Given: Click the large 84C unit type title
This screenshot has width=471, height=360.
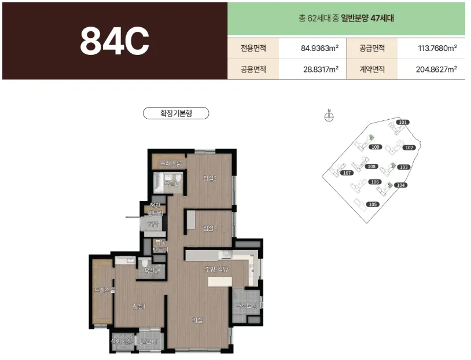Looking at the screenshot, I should [x=115, y=40].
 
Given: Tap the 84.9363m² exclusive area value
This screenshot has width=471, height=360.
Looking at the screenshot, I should [x=319, y=48].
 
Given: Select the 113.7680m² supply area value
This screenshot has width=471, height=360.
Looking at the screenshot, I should [x=437, y=48].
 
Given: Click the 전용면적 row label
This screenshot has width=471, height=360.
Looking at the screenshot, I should [x=253, y=48].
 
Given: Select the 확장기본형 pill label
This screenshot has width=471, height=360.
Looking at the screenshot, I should [x=176, y=113].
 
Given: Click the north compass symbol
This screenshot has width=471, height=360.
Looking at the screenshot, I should [x=329, y=117].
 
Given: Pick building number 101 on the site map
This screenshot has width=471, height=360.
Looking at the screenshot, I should [x=403, y=122].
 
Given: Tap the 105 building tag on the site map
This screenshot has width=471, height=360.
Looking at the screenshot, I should [x=373, y=204].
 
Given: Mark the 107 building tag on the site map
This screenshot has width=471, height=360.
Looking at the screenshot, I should [x=348, y=173].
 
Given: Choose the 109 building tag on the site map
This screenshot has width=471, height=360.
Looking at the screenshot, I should [x=376, y=148].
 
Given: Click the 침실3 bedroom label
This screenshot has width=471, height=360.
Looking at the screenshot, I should [x=209, y=178].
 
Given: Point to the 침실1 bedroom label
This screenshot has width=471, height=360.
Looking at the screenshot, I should [x=139, y=306].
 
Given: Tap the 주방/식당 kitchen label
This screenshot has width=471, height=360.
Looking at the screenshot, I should [x=217, y=269].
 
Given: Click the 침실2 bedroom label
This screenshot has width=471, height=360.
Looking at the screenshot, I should [x=209, y=229].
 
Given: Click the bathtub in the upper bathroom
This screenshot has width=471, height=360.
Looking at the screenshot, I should [x=158, y=183].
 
